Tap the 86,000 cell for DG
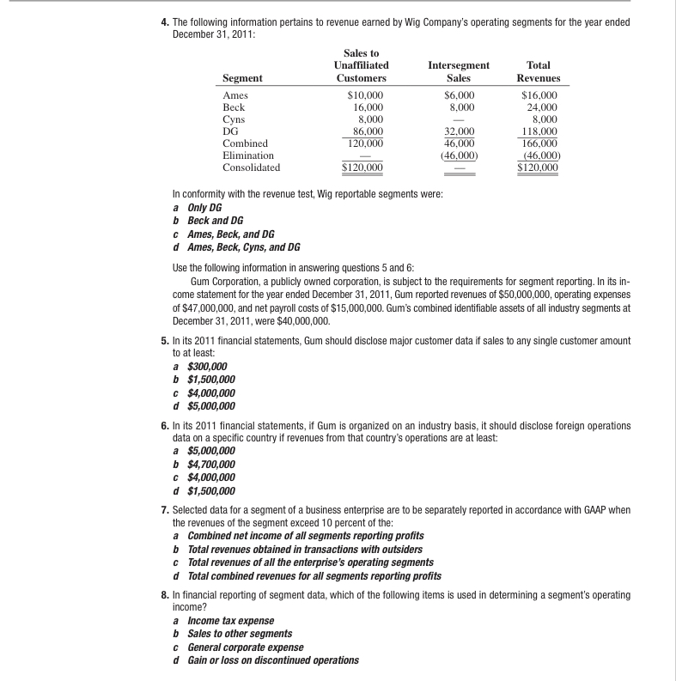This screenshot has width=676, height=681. tap(364, 132)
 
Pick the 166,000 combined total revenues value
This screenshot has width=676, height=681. tap(539, 144)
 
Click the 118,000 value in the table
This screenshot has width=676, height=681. tap(539, 132)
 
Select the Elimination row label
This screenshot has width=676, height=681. tap(248, 156)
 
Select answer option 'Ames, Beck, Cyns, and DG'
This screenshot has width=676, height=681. tap(244, 247)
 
